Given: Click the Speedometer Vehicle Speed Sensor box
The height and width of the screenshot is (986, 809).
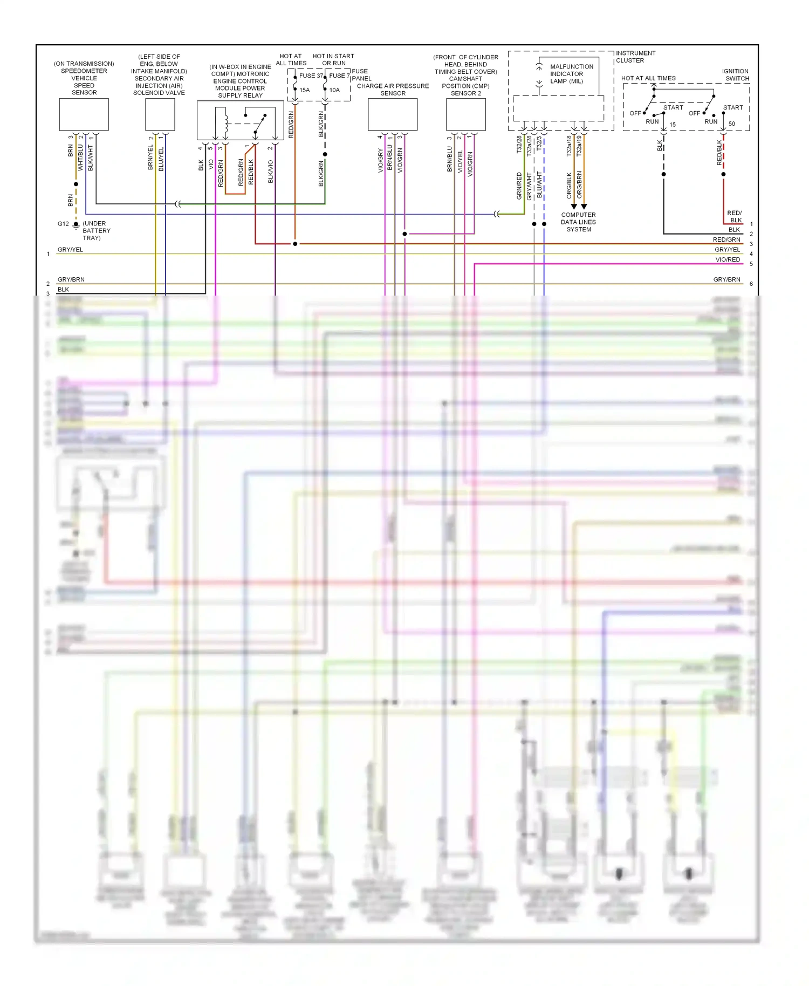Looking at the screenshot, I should click(x=84, y=114).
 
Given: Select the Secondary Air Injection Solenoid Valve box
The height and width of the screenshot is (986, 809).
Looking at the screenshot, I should click(x=160, y=114).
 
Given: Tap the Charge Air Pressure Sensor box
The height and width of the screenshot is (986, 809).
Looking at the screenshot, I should click(x=393, y=114).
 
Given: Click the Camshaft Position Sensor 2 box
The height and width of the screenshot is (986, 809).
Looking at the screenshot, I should click(x=466, y=114).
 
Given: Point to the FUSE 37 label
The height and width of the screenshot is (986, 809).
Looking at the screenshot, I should click(x=311, y=76).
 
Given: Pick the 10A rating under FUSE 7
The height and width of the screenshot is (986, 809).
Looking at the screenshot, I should click(x=334, y=90).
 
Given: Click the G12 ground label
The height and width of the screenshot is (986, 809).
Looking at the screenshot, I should click(x=63, y=224).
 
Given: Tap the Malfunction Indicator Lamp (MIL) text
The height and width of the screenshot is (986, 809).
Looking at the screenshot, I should click(x=571, y=74).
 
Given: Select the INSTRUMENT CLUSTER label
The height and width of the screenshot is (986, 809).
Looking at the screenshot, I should click(x=635, y=57).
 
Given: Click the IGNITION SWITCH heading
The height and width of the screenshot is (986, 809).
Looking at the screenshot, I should click(x=735, y=74).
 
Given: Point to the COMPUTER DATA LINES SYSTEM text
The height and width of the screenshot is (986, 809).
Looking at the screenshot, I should click(x=578, y=222).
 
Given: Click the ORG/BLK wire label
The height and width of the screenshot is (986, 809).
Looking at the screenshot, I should click(x=569, y=185).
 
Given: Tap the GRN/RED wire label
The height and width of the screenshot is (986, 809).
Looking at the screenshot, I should click(x=519, y=186).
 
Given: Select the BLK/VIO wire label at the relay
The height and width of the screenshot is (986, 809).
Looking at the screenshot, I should click(x=271, y=172).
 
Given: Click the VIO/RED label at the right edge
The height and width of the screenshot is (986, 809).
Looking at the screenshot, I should click(x=728, y=260).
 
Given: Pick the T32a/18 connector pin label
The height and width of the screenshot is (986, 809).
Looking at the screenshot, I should click(x=569, y=146).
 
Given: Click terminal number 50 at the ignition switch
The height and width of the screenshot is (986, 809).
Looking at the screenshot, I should click(x=732, y=124).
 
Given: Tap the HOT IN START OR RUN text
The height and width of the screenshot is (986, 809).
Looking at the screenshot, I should click(x=333, y=59).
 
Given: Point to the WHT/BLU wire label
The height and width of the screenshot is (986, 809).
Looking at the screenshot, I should click(x=80, y=158).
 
